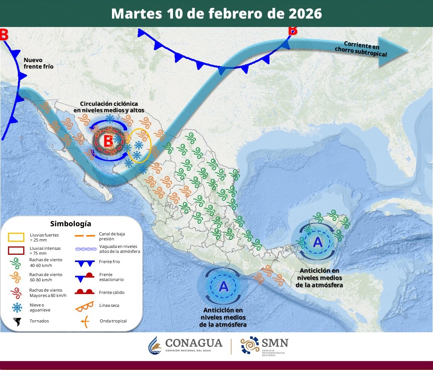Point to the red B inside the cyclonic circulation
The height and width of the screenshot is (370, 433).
pos(109,141)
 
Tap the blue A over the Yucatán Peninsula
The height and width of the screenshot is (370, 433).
pos(318,241)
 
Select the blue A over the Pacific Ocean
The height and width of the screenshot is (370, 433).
pos(224,286)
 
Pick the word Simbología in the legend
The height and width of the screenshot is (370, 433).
pos(71,224)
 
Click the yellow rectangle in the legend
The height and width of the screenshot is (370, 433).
pos(16,237)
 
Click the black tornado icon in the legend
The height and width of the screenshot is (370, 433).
pos(17,322)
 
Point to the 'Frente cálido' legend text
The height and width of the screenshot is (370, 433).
pos(112,292)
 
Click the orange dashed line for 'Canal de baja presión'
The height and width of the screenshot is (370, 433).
pos(84,236)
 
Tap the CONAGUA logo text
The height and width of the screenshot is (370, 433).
pos(194,343)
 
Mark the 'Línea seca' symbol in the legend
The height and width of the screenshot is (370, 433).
pos(85,306)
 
